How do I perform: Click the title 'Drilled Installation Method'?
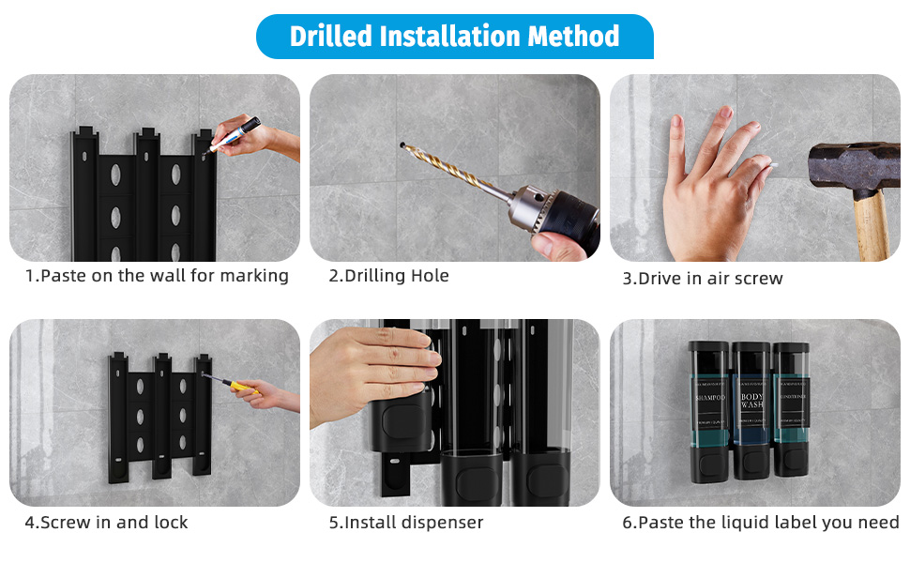coord(454,37)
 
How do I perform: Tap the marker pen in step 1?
coord(234,133)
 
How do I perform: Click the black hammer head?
coord(856,170)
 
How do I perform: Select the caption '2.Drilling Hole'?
coord(388,276)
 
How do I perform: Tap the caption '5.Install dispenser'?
coord(405,523)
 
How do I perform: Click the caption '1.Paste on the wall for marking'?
coord(156,276)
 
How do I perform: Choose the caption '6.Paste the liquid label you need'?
coord(760,523)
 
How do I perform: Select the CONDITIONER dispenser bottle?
coord(791,409)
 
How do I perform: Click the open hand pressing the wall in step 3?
coord(708,188)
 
